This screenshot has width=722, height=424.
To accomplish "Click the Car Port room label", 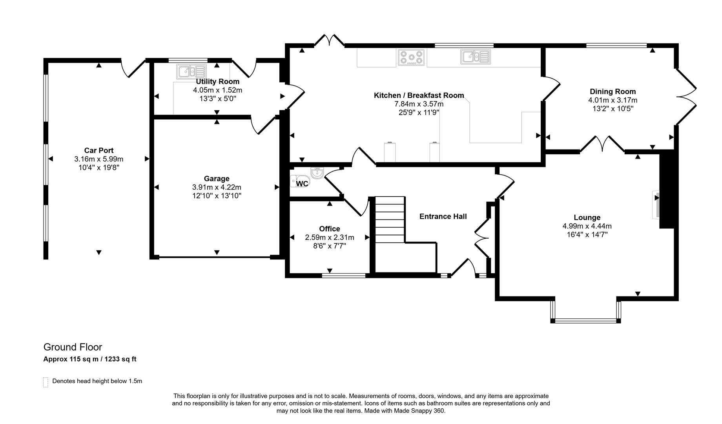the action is coord(99,150).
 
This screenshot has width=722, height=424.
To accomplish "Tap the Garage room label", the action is coord(217,179).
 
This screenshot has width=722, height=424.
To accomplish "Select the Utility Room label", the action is coord(218,82).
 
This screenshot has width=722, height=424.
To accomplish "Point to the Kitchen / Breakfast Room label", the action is coord(419,95).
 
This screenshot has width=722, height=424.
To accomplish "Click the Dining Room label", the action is coord(613,91).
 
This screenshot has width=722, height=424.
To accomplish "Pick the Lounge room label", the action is coord(587,217).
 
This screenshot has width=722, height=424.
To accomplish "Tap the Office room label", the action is coord(330,229).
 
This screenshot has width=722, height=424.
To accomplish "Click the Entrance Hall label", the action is coord(443,216).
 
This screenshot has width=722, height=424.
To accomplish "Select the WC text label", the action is coord(302,184).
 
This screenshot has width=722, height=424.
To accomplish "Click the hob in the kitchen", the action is coord(411,57).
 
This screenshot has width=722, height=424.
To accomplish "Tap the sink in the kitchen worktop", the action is coord(476,57).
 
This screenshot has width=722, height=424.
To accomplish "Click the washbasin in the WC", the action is coord(317,173).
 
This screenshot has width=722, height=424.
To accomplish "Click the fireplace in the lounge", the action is coord(656,204).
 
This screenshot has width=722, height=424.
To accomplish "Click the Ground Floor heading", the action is coord(73,347).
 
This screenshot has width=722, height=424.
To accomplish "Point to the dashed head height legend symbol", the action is coord(46,382).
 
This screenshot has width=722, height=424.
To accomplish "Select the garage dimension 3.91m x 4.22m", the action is coord(217,187).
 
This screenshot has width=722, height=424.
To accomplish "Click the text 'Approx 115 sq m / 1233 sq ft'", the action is coord(90,359).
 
